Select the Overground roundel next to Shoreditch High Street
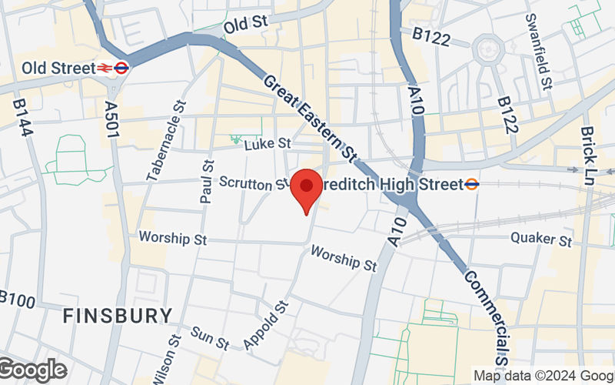click(472, 184)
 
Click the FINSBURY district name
click(118, 316)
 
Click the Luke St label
click(267, 143)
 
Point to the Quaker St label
click(541, 239)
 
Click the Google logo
click(32, 370)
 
